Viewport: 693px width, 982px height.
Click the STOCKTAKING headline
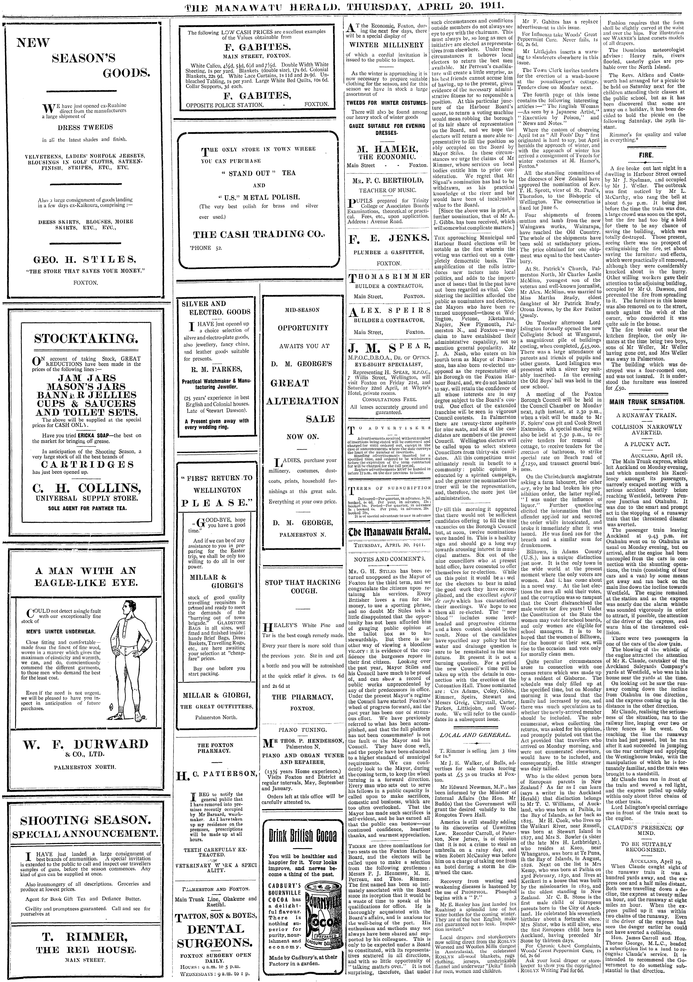pos(86,339)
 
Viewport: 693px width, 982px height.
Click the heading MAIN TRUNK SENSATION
pos(646,402)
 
